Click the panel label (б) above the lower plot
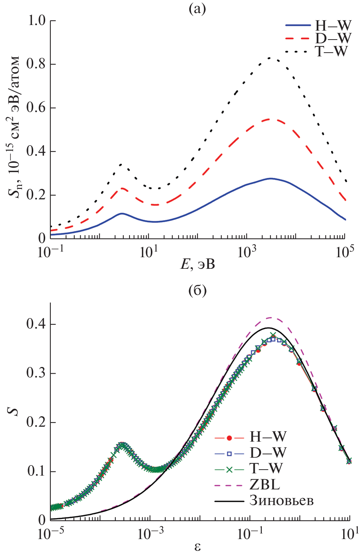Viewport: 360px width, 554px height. (x=197, y=290)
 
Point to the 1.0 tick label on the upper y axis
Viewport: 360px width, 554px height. (x=37, y=21)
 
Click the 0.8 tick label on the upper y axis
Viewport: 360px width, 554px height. (x=37, y=64)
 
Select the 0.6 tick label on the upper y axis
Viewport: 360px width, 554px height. (x=37, y=108)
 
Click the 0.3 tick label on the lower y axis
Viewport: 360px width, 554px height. (x=37, y=373)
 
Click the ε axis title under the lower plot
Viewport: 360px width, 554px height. (x=197, y=547)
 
